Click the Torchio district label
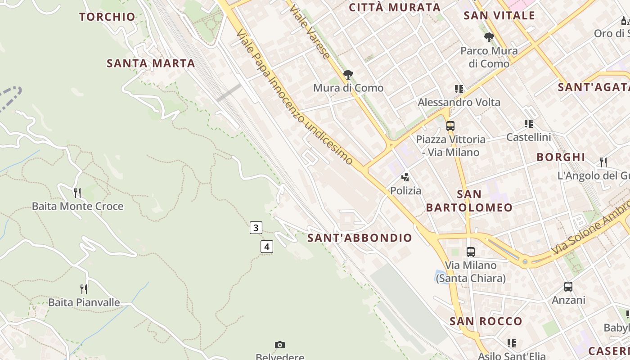coord(107,17)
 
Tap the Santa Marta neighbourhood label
coord(151,63)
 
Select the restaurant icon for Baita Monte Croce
coord(77,193)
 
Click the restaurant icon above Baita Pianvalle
coord(84,289)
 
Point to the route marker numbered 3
coord(256,228)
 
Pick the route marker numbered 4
coord(267,247)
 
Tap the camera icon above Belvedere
coord(280,345)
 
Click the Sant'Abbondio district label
coord(360,238)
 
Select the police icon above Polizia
coord(405,177)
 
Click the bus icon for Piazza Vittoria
coord(450,126)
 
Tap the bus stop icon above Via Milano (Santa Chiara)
coord(471,252)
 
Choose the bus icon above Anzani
coord(568,287)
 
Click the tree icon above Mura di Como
coord(348,75)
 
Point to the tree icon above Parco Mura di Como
coord(489,37)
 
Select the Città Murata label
coord(395,8)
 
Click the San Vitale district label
coord(499,16)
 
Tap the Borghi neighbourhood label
coord(561,157)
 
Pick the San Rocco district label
coord(486,321)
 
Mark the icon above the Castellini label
coord(529,124)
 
